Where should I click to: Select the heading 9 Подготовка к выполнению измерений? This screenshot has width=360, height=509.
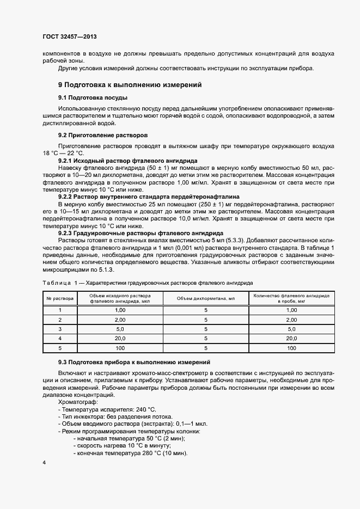click(x=130, y=85)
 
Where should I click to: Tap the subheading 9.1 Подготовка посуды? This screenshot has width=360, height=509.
click(x=93, y=97)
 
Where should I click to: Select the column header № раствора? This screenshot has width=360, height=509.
click(x=60, y=298)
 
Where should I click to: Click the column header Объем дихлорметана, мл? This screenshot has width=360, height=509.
click(x=206, y=298)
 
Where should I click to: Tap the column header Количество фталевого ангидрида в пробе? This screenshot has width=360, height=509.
click(x=291, y=298)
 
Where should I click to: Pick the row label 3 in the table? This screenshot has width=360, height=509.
click(x=60, y=329)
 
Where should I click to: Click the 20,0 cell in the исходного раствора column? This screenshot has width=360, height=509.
click(x=120, y=338)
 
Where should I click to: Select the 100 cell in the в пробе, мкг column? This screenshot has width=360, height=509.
click(x=291, y=347)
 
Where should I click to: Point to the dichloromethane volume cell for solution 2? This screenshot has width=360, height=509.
click(x=206, y=320)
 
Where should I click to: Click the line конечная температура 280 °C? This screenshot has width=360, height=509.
click(x=132, y=453)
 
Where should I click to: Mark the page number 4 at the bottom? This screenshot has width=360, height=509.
click(x=44, y=463)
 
